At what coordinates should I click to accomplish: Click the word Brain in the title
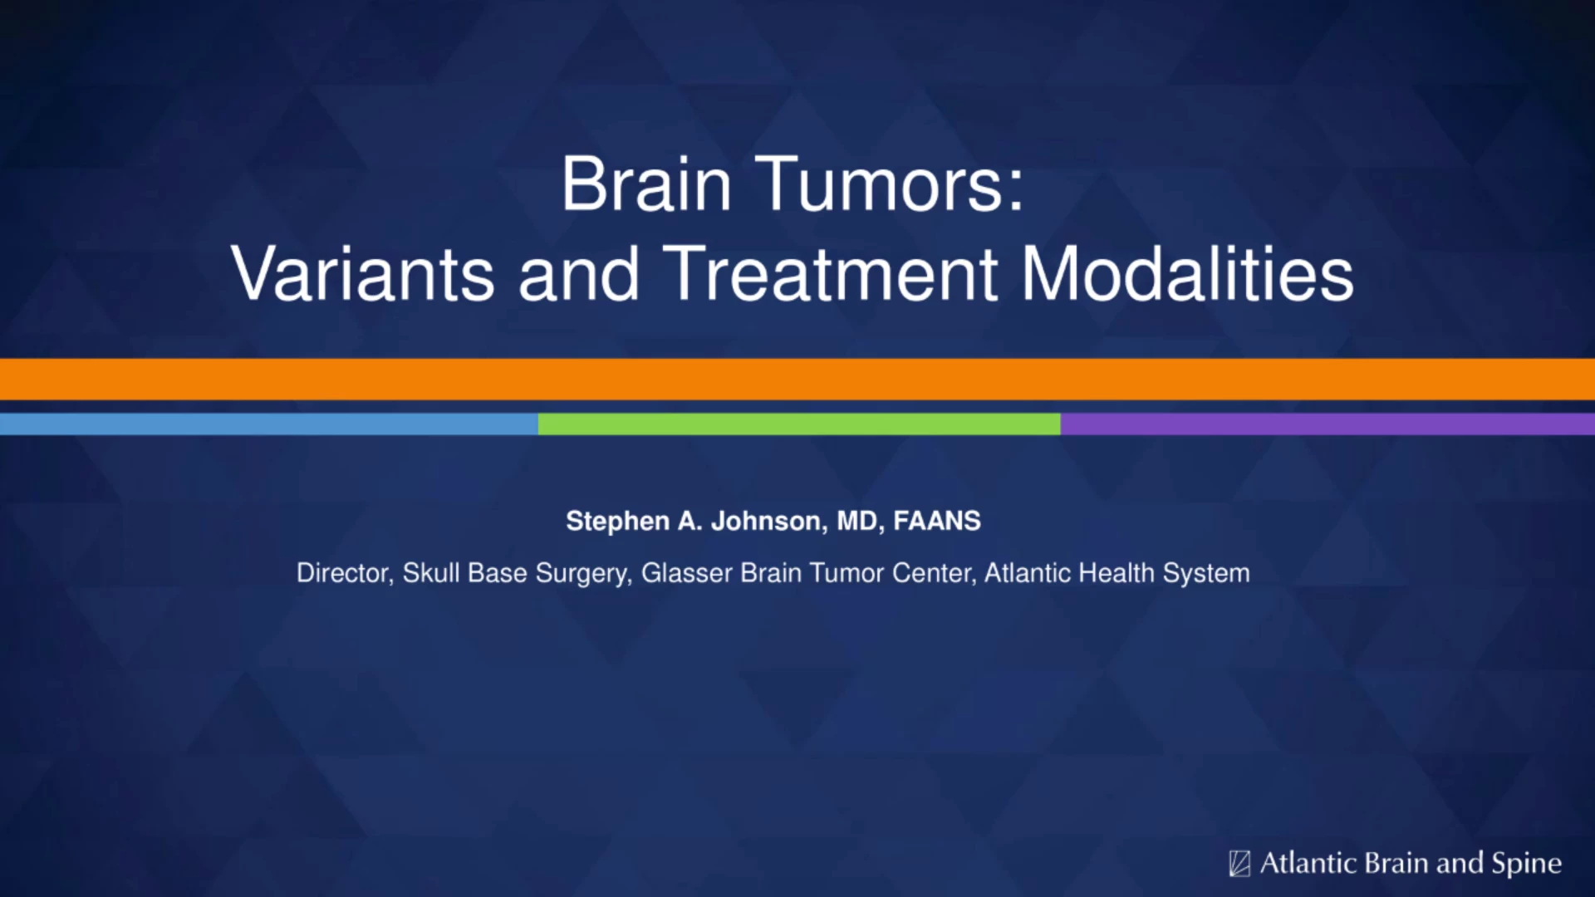pyautogui.click(x=646, y=184)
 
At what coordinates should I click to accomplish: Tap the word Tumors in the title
pyautogui.click(x=890, y=184)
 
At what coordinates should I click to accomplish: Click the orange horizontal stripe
pyautogui.click(x=797, y=380)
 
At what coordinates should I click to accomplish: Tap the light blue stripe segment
pyautogui.click(x=269, y=424)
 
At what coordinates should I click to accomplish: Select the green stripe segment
pyautogui.click(x=799, y=424)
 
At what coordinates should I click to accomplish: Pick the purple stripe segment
pyautogui.click(x=1328, y=424)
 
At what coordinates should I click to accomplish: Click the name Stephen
pyautogui.click(x=617, y=522)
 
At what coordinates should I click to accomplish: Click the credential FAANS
pyautogui.click(x=937, y=521)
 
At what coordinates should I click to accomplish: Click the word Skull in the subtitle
pyautogui.click(x=431, y=572)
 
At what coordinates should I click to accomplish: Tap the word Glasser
pyautogui.click(x=686, y=572)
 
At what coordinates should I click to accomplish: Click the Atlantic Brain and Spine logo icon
pyautogui.click(x=1239, y=864)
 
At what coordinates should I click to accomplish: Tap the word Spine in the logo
pyautogui.click(x=1527, y=864)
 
